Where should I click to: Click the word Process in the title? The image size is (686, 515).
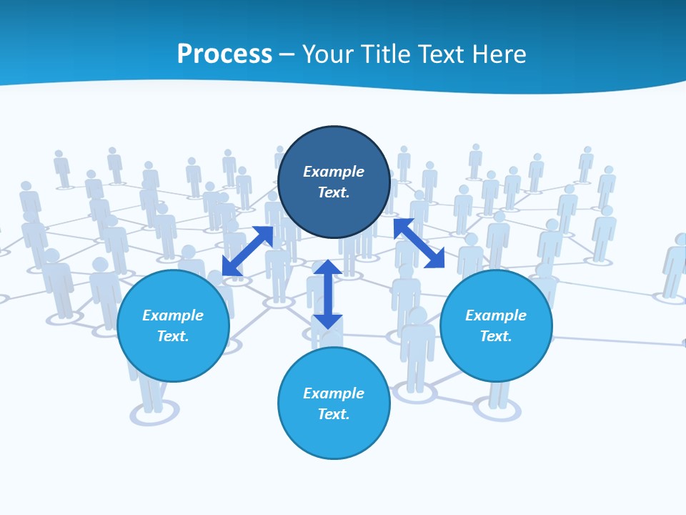point(224,54)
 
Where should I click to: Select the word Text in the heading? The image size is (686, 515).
point(441,54)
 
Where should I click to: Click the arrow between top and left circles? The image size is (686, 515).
point(247,251)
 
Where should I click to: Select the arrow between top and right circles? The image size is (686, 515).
point(419,243)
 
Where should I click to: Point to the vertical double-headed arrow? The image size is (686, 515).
point(327,294)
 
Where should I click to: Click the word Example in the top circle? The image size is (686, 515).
point(334,172)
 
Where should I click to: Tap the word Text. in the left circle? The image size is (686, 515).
point(173,336)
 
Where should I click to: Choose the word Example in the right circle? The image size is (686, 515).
point(496,315)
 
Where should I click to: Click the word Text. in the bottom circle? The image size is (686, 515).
point(334,414)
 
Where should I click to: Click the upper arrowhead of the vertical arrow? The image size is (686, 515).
point(327,268)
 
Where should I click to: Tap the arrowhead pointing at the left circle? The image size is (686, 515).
point(230,268)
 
